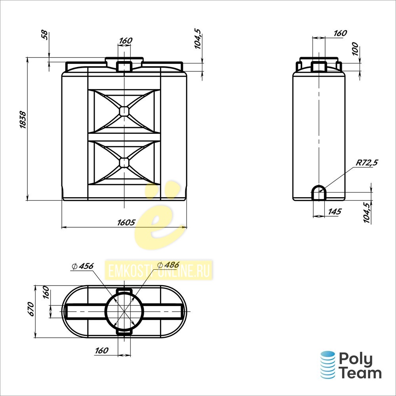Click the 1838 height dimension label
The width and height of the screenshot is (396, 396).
[23, 120]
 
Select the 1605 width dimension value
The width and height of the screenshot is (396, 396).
[126, 223]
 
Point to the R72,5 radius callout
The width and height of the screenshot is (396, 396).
[367, 163]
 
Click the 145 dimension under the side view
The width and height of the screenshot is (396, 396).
[335, 211]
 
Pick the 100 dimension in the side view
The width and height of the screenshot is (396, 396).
[355, 49]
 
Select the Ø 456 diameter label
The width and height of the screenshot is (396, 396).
[82, 266]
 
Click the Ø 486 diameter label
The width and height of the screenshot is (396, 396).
[168, 265]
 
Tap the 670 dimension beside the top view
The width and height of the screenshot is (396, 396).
[31, 308]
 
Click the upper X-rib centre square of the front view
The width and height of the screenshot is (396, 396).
[124, 111]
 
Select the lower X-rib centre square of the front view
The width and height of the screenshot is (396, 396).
[124, 163]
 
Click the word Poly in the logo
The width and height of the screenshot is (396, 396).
[356, 359]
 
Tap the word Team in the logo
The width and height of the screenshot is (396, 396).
[360, 373]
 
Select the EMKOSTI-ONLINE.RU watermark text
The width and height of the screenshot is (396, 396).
[159, 271]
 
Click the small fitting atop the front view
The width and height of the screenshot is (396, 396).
[124, 66]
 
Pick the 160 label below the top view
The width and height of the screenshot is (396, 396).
[101, 350]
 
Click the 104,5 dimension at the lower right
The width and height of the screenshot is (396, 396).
[368, 212]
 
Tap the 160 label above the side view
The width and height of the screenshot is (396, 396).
[340, 33]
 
